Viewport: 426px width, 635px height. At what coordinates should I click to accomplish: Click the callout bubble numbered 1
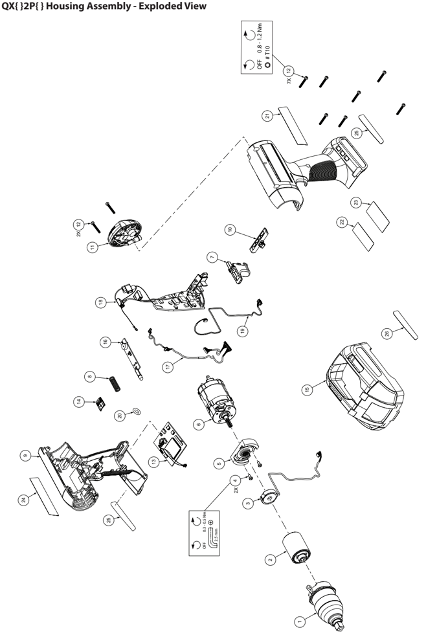tap(299, 620)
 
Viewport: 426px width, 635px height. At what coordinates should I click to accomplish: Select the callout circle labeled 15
tap(308, 390)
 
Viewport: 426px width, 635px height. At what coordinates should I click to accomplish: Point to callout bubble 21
tap(267, 116)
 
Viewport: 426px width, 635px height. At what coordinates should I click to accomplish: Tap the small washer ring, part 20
tap(137, 412)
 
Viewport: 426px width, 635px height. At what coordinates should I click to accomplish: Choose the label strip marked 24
tap(44, 496)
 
